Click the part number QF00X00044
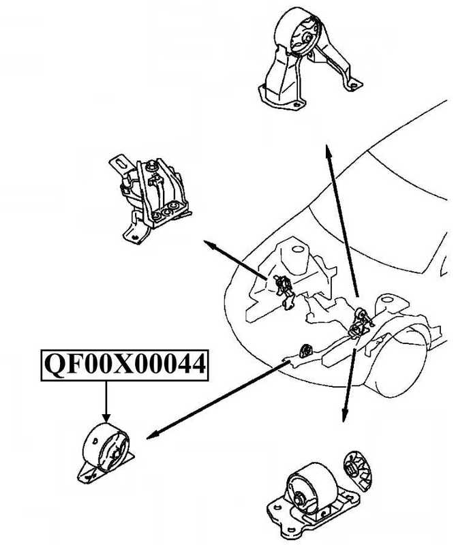coord(125,365)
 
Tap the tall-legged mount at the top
coord(305,61)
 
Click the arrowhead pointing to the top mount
coord(329,151)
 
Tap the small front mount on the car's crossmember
coord(304,349)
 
